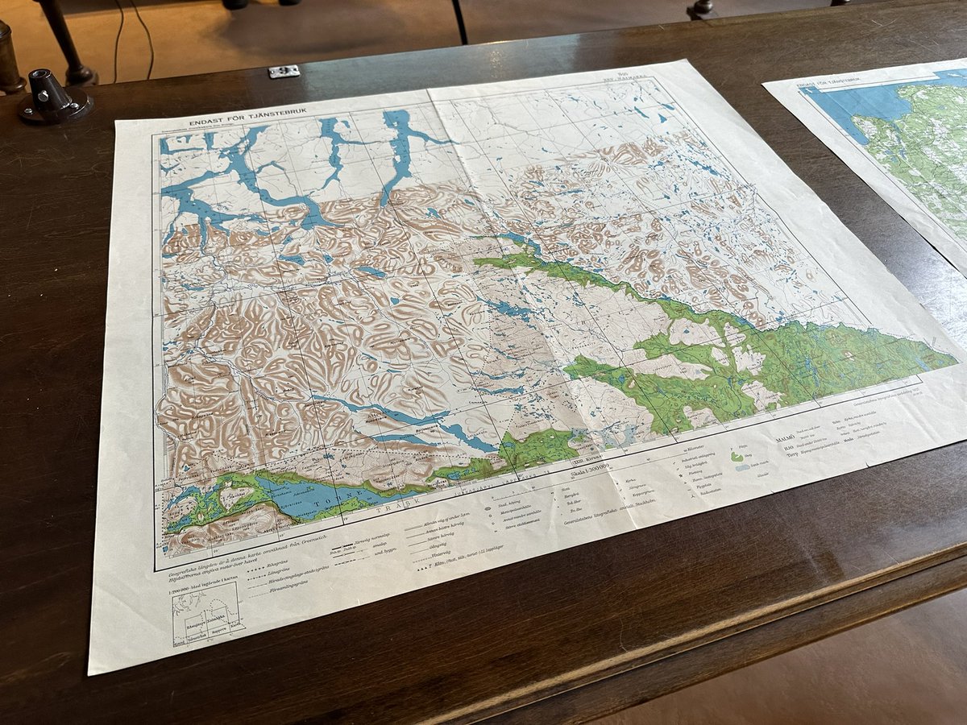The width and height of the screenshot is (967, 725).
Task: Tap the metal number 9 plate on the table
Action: tap(284, 72)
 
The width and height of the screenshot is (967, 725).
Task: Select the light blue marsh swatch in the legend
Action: tap(742, 466)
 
